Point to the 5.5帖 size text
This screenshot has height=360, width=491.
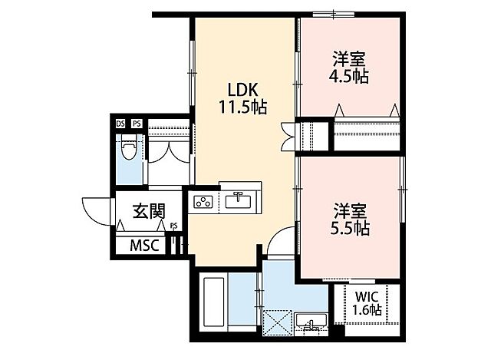tap(351, 228)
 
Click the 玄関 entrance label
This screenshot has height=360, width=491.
tap(149, 210)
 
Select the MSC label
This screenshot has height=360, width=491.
tap(143, 246)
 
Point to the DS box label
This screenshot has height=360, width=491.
tap(120, 123)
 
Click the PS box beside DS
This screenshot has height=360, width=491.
tap(137, 123)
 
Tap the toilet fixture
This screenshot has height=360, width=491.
tap(129, 147)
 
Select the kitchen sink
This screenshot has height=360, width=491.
tap(237, 201)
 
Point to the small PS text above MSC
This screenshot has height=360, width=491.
tap(174, 226)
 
